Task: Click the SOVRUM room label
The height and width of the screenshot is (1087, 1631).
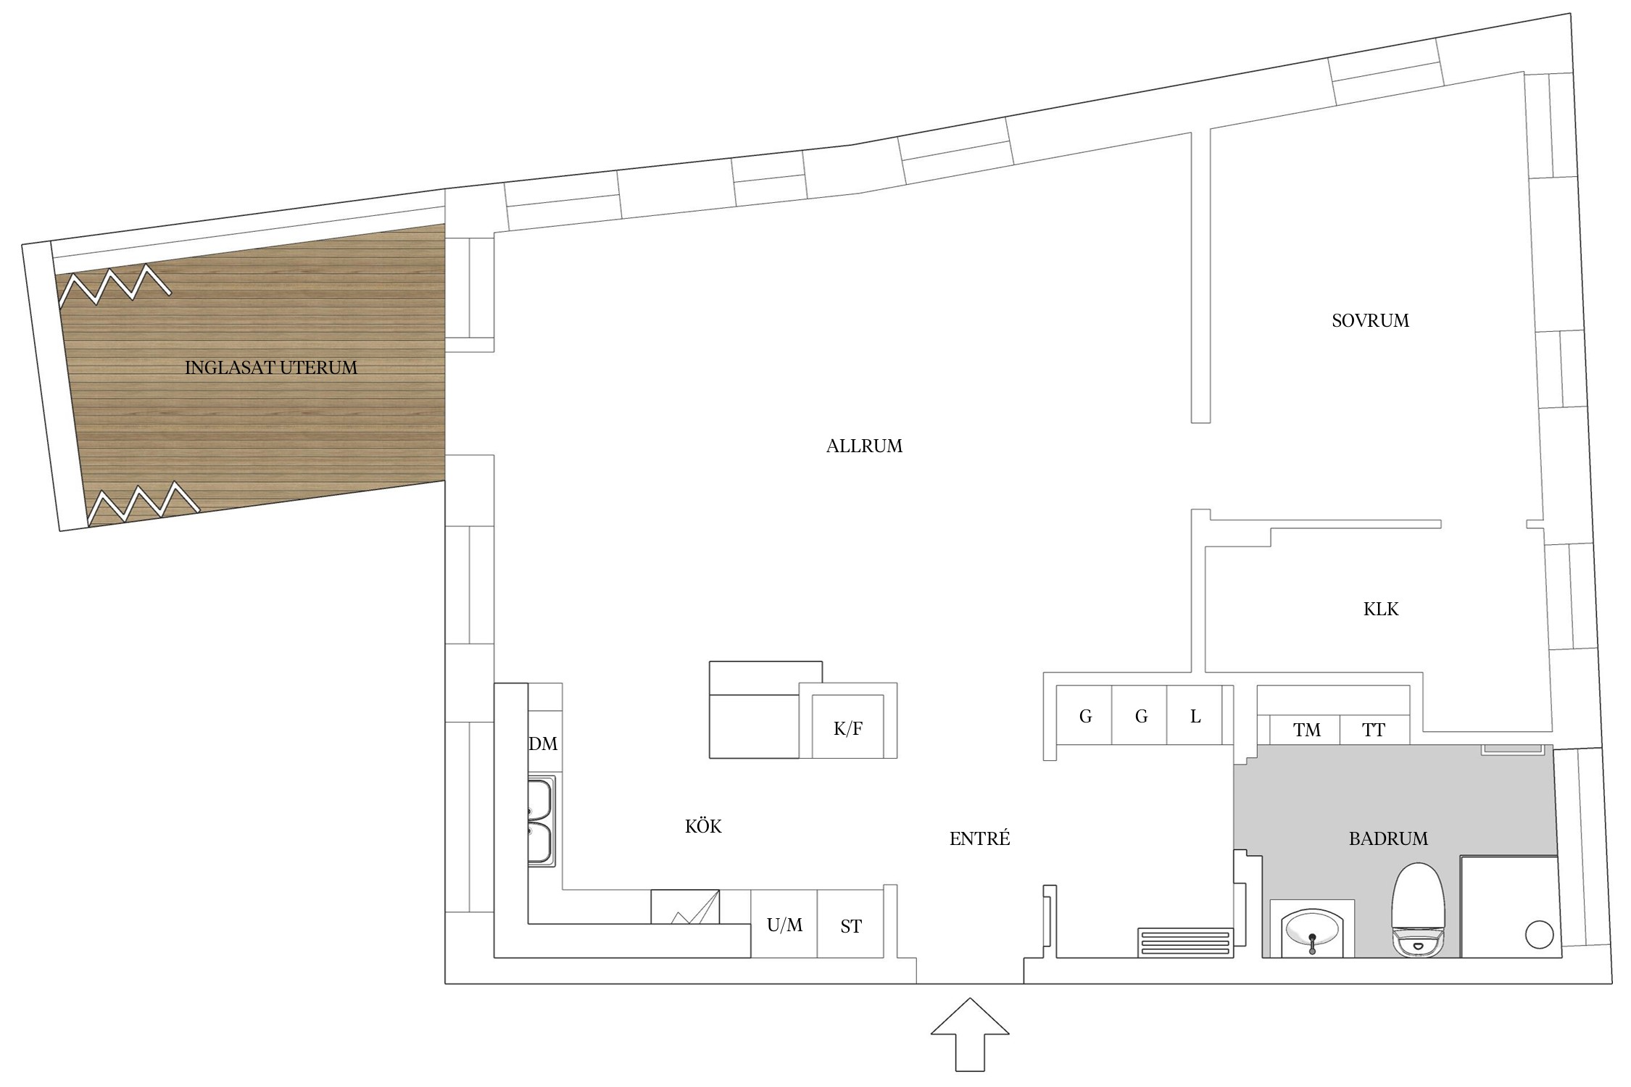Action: pyautogui.click(x=1370, y=320)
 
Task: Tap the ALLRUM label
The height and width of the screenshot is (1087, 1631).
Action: pyautogui.click(x=864, y=446)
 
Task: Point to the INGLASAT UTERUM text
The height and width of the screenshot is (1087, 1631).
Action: pyautogui.click(x=271, y=367)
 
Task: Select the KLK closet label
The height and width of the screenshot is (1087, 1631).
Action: pyautogui.click(x=1381, y=609)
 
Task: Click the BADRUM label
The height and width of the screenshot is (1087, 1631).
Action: pyautogui.click(x=1388, y=838)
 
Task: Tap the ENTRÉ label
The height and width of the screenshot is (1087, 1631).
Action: pyautogui.click(x=979, y=838)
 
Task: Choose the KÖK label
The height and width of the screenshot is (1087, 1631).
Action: pyautogui.click(x=703, y=826)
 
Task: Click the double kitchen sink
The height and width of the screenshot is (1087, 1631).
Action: pyautogui.click(x=541, y=821)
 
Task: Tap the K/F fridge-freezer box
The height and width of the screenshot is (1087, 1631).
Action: pyautogui.click(x=848, y=727)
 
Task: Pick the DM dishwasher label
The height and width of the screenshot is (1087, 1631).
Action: pyautogui.click(x=543, y=744)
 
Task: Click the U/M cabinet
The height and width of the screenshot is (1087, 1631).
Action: pyautogui.click(x=784, y=924)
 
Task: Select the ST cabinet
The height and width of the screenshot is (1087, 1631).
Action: pyautogui.click(x=850, y=924)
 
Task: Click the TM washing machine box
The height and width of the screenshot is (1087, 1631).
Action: pyautogui.click(x=1307, y=730)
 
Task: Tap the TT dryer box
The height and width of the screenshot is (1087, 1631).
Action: pyautogui.click(x=1374, y=730)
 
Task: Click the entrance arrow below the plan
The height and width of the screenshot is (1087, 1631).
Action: pyautogui.click(x=970, y=1034)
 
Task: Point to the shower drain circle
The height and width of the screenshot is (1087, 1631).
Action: pyautogui.click(x=1539, y=934)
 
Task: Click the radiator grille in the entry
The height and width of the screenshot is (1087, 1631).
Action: pyautogui.click(x=1185, y=942)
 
